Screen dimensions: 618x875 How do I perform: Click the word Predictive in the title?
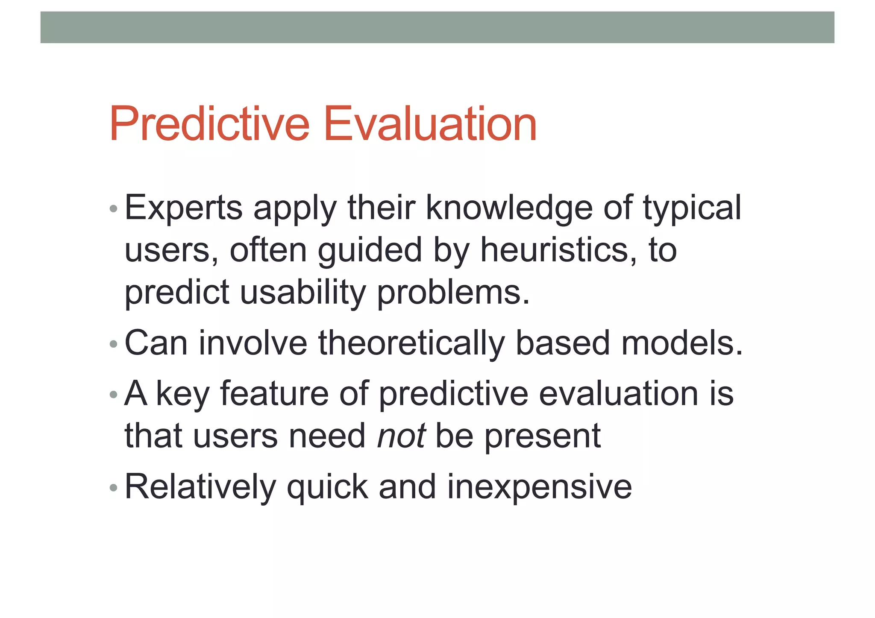(x=209, y=125)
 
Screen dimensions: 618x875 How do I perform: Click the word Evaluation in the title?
(x=430, y=125)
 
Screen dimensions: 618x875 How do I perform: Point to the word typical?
(x=692, y=208)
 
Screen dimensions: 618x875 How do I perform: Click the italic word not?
(x=401, y=436)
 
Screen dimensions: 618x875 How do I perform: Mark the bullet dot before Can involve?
(x=113, y=344)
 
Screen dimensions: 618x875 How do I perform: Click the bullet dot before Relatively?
(x=113, y=487)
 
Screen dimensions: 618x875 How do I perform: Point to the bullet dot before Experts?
(x=113, y=209)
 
